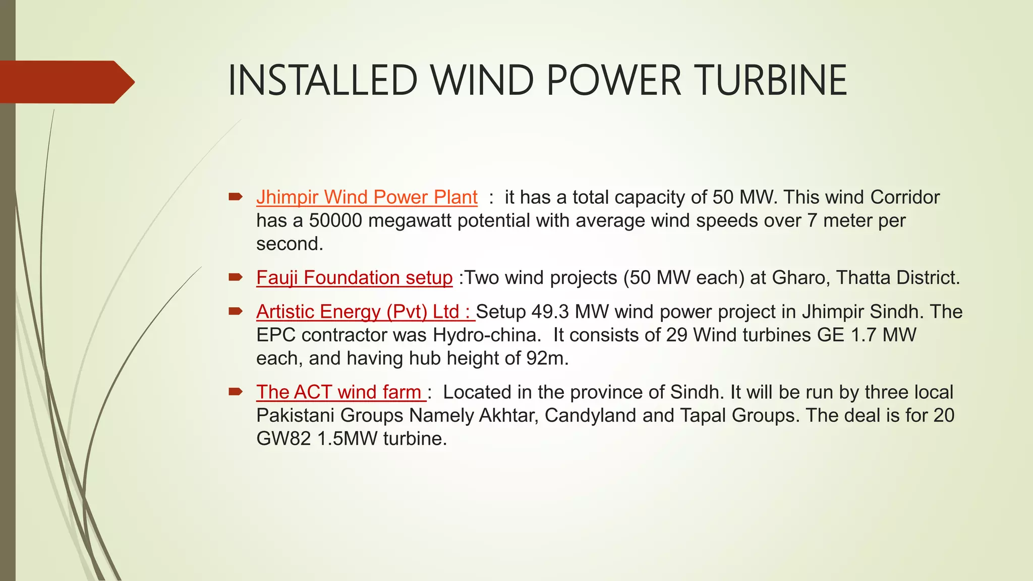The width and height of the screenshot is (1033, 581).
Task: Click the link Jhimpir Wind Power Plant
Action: coord(367,197)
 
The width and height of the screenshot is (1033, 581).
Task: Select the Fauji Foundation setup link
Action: coord(354,278)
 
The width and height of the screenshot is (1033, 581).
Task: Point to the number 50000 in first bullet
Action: coord(335,221)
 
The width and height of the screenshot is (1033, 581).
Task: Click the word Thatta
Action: coord(863,278)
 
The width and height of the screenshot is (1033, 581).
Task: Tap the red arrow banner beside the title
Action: coord(66,82)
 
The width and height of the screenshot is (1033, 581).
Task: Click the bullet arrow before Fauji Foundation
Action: coord(236,277)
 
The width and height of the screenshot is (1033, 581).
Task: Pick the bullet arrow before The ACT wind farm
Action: coord(236,391)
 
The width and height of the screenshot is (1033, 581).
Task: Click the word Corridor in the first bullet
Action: coord(905,197)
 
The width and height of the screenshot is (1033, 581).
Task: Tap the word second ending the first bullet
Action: coord(289,244)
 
